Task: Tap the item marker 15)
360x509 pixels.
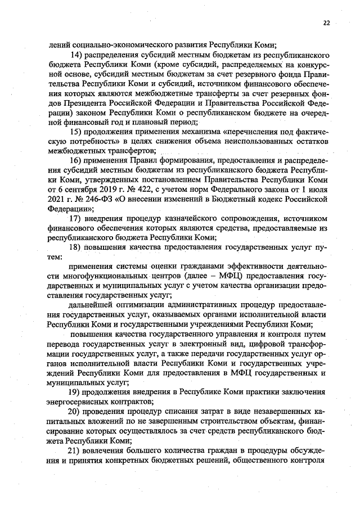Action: pyautogui.click(x=75, y=131)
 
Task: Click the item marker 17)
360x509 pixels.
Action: pyautogui.click(x=75, y=218)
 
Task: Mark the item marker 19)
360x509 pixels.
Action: pyautogui.click(x=75, y=391)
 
